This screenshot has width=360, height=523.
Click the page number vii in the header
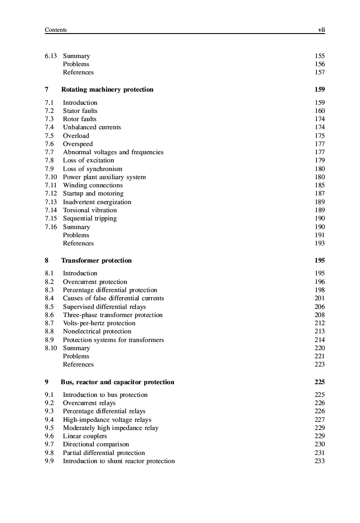(321, 30)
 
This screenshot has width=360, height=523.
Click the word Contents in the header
(56, 30)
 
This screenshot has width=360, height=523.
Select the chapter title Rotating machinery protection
(107, 90)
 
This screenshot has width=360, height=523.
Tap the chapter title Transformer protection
(96, 261)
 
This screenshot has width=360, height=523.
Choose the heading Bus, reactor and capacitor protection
(117, 382)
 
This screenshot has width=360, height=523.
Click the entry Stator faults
(80, 111)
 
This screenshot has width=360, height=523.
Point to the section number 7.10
(51, 177)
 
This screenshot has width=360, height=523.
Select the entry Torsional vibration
(90, 210)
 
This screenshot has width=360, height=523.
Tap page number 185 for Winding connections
(320, 186)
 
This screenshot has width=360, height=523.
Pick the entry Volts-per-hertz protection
(99, 323)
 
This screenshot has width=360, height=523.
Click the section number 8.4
(49, 298)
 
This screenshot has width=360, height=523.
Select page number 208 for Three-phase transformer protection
(320, 315)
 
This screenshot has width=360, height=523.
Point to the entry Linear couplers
(85, 436)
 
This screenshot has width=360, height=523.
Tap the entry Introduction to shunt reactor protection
(119, 461)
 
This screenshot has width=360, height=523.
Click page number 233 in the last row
(320, 461)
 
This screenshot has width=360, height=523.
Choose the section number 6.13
(51, 56)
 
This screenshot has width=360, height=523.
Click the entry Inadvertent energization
(97, 202)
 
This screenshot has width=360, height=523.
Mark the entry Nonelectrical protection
(97, 332)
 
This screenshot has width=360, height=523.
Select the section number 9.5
(49, 428)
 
